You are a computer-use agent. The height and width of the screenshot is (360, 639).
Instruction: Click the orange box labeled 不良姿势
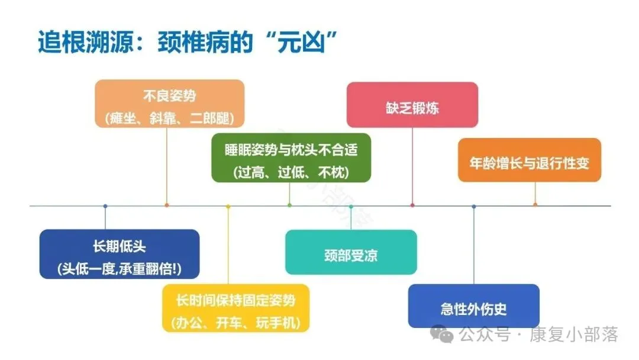coord(169,103)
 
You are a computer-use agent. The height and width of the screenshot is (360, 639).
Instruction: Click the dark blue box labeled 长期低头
coord(119,253)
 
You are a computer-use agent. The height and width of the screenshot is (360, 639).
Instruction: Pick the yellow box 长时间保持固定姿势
coord(235,308)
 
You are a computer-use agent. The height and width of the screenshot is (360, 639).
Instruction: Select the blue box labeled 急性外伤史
coord(473,306)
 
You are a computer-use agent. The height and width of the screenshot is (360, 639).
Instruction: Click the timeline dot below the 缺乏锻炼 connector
coord(412,205)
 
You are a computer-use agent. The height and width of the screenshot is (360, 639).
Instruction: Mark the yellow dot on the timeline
coord(228,206)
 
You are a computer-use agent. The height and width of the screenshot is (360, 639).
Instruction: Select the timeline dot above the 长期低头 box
coord(105,206)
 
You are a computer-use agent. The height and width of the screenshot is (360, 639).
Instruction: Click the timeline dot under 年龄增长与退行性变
coord(535,205)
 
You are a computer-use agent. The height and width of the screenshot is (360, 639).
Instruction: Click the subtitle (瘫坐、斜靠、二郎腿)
coord(169,117)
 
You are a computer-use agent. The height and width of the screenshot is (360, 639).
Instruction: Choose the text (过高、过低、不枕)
coord(291,172)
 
